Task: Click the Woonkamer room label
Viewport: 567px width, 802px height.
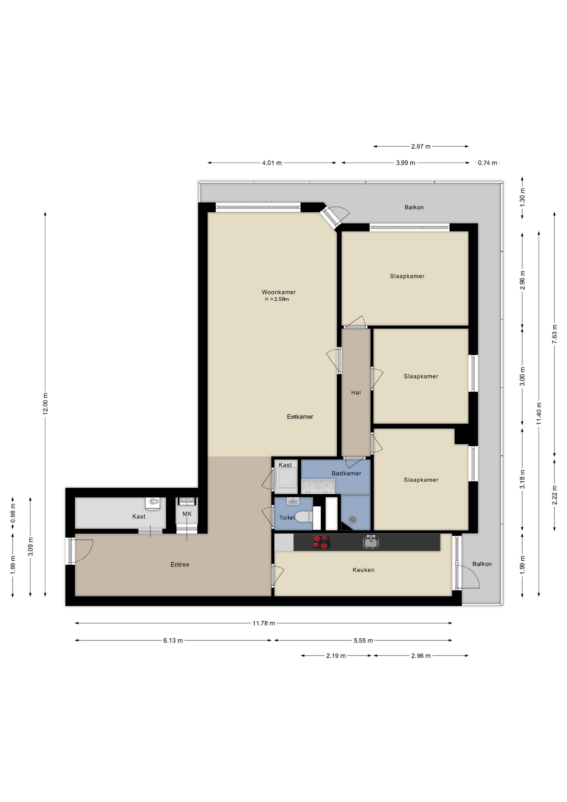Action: pos(278,292)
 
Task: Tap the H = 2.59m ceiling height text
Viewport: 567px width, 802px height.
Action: pos(277,299)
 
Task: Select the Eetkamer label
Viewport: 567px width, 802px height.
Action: pos(300,416)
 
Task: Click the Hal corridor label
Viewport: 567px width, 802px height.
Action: pos(356,392)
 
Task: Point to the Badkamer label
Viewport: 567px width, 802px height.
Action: pos(346,473)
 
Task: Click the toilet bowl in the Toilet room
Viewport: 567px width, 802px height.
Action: pos(304,517)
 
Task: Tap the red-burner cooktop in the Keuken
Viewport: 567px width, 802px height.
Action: pos(321,542)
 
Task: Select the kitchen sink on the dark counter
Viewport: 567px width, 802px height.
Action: pos(371,542)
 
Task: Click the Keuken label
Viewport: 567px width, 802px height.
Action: pos(363,570)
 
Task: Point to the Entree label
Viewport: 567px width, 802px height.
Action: pos(180,564)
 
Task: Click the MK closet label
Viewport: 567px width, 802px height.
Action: pos(187,514)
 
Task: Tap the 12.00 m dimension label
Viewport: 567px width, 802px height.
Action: pos(46,403)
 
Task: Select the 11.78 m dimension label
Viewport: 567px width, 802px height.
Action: pos(263,623)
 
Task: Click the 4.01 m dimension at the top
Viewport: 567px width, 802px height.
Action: pos(272,163)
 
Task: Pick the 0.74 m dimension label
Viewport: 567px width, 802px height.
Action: pos(487,163)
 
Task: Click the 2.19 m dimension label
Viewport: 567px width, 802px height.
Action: pos(336,656)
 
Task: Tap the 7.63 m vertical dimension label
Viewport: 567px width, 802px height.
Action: pos(554,334)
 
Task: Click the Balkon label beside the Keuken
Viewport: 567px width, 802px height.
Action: pos(482,564)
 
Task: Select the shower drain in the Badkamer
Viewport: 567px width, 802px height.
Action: pos(352,520)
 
